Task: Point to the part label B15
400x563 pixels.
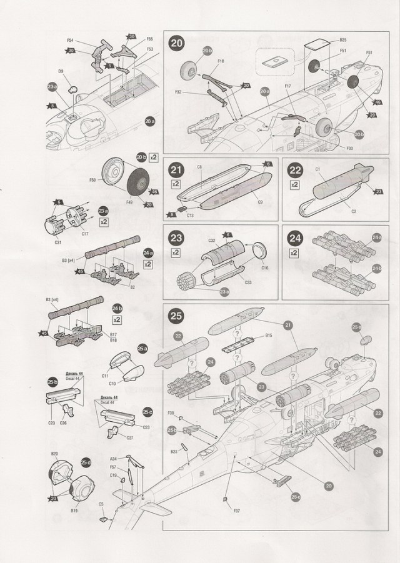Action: click(x=268, y=336)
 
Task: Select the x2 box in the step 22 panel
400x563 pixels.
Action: click(x=294, y=186)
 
